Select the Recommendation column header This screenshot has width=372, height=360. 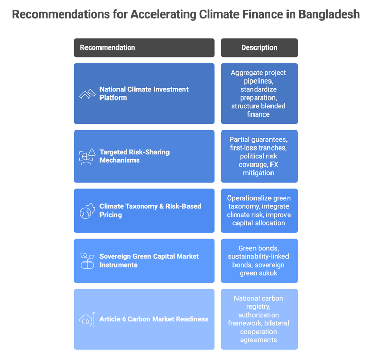pyautogui.click(x=108, y=47)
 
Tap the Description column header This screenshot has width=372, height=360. pyautogui.click(x=259, y=47)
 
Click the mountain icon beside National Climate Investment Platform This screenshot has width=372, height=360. pyautogui.click(x=87, y=93)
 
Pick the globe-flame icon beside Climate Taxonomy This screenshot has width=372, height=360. pyautogui.click(x=87, y=210)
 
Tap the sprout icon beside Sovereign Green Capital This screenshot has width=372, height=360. pyautogui.click(x=87, y=260)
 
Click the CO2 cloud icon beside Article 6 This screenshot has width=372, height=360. pyautogui.click(x=87, y=319)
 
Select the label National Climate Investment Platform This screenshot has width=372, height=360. pyautogui.click(x=144, y=93)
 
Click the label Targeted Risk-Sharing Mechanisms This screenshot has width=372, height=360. pyautogui.click(x=134, y=156)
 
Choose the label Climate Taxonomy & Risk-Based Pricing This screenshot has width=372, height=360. pyautogui.click(x=150, y=210)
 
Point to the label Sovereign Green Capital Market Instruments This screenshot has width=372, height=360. pyautogui.click(x=149, y=260)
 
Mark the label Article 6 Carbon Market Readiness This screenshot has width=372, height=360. pyautogui.click(x=154, y=319)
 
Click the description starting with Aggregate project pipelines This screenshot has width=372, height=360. pyautogui.click(x=259, y=93)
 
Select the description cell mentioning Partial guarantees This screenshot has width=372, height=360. pyautogui.click(x=259, y=156)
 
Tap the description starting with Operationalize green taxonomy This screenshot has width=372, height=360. pyautogui.click(x=259, y=210)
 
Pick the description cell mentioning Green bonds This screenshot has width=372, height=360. pyautogui.click(x=259, y=260)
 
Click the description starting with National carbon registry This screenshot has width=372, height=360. pyautogui.click(x=259, y=319)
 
